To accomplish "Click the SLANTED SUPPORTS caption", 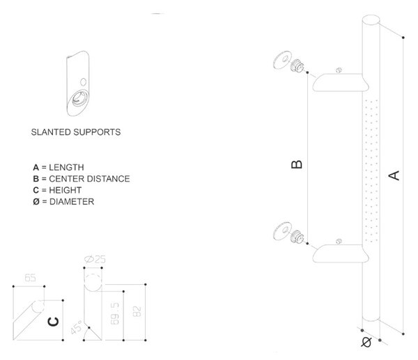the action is tap(76, 132).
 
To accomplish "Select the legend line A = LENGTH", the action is tap(59, 167).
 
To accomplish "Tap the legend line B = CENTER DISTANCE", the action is tap(82, 179).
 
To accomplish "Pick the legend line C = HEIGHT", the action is tap(57, 190).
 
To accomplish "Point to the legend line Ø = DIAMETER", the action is tap(63, 202).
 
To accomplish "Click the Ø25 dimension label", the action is tap(95, 259).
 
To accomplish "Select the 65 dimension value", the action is tap(30, 278).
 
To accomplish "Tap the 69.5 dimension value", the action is tap(115, 313).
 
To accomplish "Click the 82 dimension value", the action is tap(137, 311).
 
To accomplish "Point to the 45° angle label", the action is tap(77, 327).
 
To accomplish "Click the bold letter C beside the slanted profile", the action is tap(53, 322).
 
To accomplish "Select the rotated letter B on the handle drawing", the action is tap(297, 164).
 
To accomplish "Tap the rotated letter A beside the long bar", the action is tap(394, 175).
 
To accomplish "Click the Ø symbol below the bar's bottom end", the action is tap(366, 342).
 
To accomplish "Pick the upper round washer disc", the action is tap(282, 60).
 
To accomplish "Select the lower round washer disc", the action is tap(282, 230).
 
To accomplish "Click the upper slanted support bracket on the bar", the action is tap(341, 83).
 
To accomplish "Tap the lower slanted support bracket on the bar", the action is tap(341, 253).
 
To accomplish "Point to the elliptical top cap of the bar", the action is tap(371, 20).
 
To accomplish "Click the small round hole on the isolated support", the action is tap(84, 81).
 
